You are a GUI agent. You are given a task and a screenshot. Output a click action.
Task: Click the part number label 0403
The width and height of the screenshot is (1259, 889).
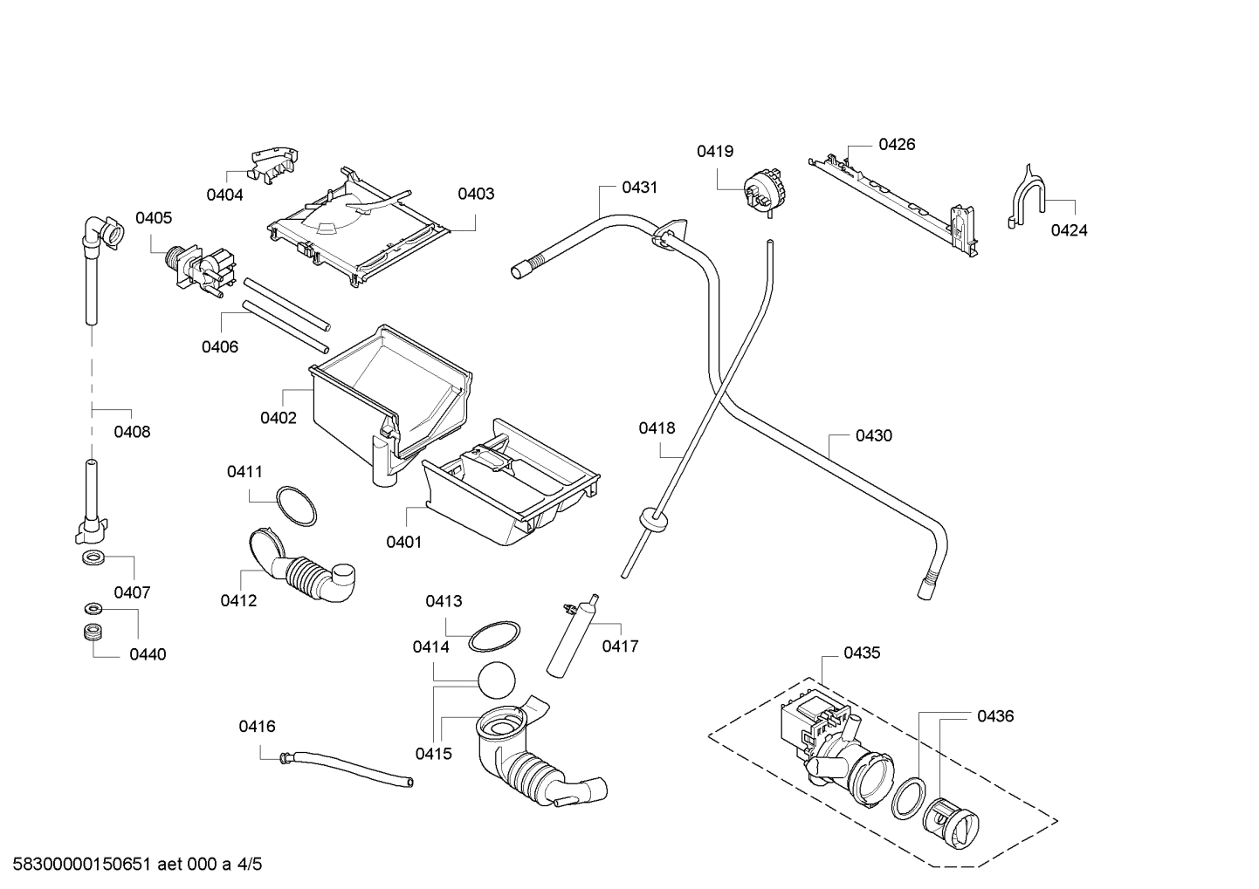pyautogui.click(x=476, y=194)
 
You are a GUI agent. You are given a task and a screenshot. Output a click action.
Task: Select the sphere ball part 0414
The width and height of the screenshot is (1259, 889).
pyautogui.click(x=497, y=679)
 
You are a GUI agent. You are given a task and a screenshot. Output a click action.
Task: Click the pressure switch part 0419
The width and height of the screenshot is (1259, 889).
pyautogui.click(x=760, y=192)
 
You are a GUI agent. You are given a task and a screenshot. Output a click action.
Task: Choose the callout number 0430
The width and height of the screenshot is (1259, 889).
pyautogui.click(x=873, y=435)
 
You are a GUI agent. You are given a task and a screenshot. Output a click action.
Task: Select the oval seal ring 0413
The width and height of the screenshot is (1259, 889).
pyautogui.click(x=494, y=636)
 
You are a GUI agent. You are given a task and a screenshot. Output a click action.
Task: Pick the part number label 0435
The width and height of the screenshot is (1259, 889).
pyautogui.click(x=862, y=653)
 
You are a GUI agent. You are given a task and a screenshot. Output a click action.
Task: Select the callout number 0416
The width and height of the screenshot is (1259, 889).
pyautogui.click(x=257, y=726)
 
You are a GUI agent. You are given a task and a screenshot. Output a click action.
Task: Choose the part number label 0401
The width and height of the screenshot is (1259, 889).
pyautogui.click(x=403, y=542)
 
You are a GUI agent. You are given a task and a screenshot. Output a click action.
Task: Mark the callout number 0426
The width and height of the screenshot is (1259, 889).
pyautogui.click(x=897, y=144)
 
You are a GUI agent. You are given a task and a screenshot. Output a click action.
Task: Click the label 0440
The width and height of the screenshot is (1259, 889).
pyautogui.click(x=148, y=654)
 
